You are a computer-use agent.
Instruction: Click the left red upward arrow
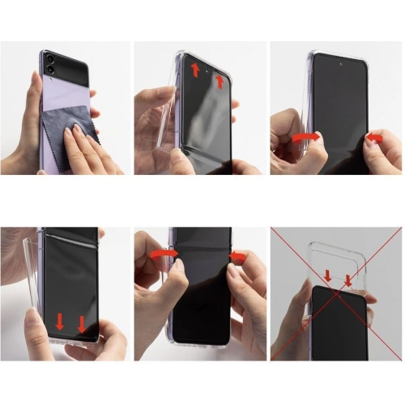pyautogui.click(x=195, y=70)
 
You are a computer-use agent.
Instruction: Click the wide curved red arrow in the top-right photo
pyautogui.click(x=305, y=138)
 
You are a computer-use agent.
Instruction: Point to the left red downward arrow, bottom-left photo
pyautogui.click(x=60, y=322)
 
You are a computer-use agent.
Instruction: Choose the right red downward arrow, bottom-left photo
pyautogui.click(x=82, y=324)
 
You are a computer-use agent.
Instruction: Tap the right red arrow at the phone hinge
pyautogui.click(x=237, y=258)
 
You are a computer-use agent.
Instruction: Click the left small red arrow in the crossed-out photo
pyautogui.click(x=328, y=277)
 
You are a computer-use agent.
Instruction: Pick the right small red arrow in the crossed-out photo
pyautogui.click(x=347, y=280)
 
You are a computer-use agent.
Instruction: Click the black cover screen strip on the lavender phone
pyautogui.click(x=69, y=60)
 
